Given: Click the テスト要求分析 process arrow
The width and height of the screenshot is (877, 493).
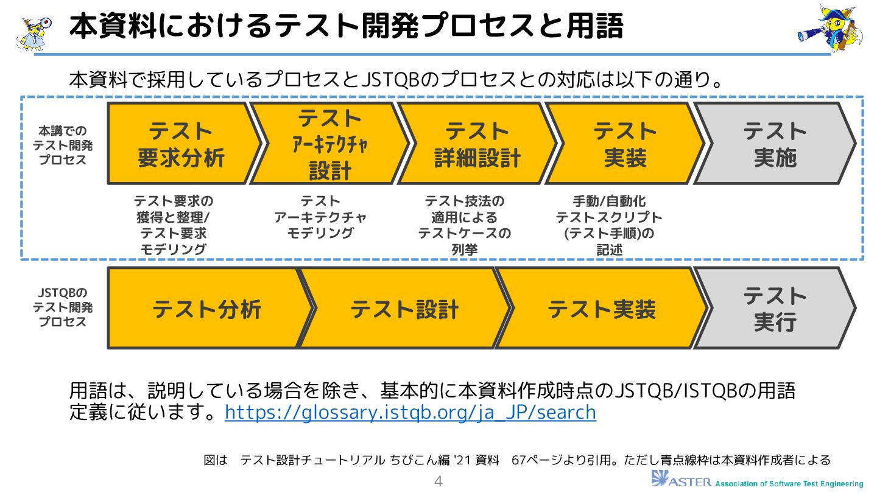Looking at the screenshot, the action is coord(181,144).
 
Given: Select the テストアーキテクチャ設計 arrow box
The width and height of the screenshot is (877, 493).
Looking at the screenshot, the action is coord(329,144).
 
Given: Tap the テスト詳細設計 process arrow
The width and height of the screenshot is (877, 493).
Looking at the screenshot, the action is coord(477,144).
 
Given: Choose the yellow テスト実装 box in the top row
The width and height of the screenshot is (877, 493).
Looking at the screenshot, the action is coord(624,144).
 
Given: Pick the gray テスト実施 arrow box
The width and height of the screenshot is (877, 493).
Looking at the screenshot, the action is coord(774,144).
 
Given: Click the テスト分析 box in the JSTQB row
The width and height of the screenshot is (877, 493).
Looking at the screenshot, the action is coord(206,309).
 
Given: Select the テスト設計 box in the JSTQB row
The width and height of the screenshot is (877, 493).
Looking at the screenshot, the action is coord(404,309).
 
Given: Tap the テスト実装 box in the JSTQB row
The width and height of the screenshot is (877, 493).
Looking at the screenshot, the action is coord(601,309).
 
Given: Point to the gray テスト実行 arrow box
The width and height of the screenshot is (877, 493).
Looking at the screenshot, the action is coord(774,309).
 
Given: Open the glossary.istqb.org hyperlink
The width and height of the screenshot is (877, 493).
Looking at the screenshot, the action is coord(410,412).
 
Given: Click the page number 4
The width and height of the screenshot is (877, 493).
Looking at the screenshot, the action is coord(438,482).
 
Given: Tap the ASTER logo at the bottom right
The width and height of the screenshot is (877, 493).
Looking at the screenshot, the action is coord(757,480).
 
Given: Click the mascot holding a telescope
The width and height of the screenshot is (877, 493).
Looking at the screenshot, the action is coord(830,27).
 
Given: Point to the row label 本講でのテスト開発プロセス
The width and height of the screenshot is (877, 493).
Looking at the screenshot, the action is coord(63,145).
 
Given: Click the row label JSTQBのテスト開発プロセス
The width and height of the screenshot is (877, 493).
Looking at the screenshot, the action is coord(63,307).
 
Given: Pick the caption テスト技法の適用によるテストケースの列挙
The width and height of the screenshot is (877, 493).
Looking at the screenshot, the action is coord(465,225).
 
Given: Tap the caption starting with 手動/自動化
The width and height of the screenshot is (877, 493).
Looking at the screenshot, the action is coord(609,225).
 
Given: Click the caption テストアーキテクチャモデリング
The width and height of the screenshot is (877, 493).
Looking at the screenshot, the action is coord(320,217).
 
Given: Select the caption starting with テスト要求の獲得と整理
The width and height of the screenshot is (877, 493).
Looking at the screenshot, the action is coord(174,225).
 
